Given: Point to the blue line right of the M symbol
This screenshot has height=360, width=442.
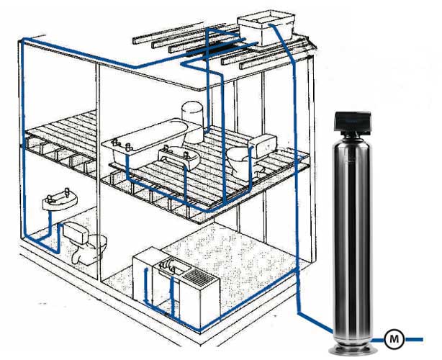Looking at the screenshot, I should click(x=418, y=336).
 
